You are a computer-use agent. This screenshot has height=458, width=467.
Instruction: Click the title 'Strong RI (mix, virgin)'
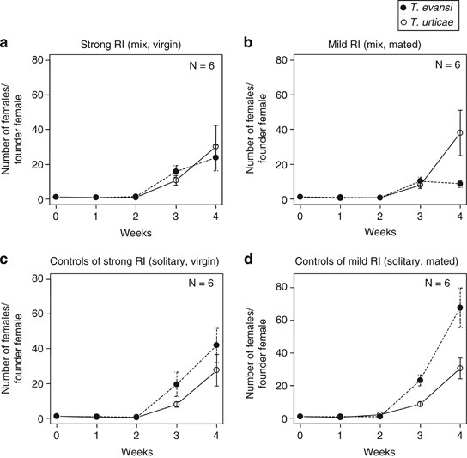[136, 43]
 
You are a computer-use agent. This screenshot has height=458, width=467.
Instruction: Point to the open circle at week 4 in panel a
[216, 147]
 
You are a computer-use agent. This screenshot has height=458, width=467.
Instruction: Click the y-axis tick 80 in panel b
[280, 59]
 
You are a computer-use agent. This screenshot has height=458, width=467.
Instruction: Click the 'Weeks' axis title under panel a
[136, 230]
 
